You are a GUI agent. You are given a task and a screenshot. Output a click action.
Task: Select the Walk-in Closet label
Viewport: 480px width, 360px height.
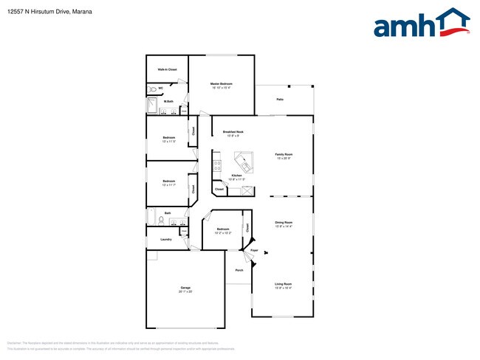click(167, 69)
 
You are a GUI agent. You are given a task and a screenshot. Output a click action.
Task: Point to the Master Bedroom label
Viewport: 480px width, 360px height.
click(222, 84)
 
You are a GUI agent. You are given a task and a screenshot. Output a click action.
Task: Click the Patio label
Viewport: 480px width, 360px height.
click(281, 99)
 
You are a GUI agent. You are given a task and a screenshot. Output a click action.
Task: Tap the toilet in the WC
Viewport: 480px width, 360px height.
click(151, 89)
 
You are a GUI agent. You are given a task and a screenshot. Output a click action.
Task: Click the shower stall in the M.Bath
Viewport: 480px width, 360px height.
click(151, 107)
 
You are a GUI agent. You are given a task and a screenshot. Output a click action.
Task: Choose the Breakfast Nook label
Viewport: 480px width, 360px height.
click(233, 132)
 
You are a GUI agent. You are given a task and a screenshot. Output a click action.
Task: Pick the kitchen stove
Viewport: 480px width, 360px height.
click(216, 166)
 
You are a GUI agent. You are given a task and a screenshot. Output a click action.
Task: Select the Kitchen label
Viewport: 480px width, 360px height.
click(236, 176)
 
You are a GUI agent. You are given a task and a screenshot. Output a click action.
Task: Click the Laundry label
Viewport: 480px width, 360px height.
click(166, 239)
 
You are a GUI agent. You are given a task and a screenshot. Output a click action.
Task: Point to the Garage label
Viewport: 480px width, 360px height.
click(185, 288)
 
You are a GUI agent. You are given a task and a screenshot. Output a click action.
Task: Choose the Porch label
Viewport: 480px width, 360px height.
click(239, 270)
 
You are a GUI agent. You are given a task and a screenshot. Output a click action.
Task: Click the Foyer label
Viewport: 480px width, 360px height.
click(253, 251)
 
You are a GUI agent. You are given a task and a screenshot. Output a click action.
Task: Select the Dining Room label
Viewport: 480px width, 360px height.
click(284, 223)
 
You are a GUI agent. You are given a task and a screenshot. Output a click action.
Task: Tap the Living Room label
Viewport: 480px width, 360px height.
click(284, 284)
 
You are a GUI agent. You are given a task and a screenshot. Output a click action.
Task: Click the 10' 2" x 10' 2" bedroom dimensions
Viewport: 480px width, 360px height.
click(223, 233)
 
